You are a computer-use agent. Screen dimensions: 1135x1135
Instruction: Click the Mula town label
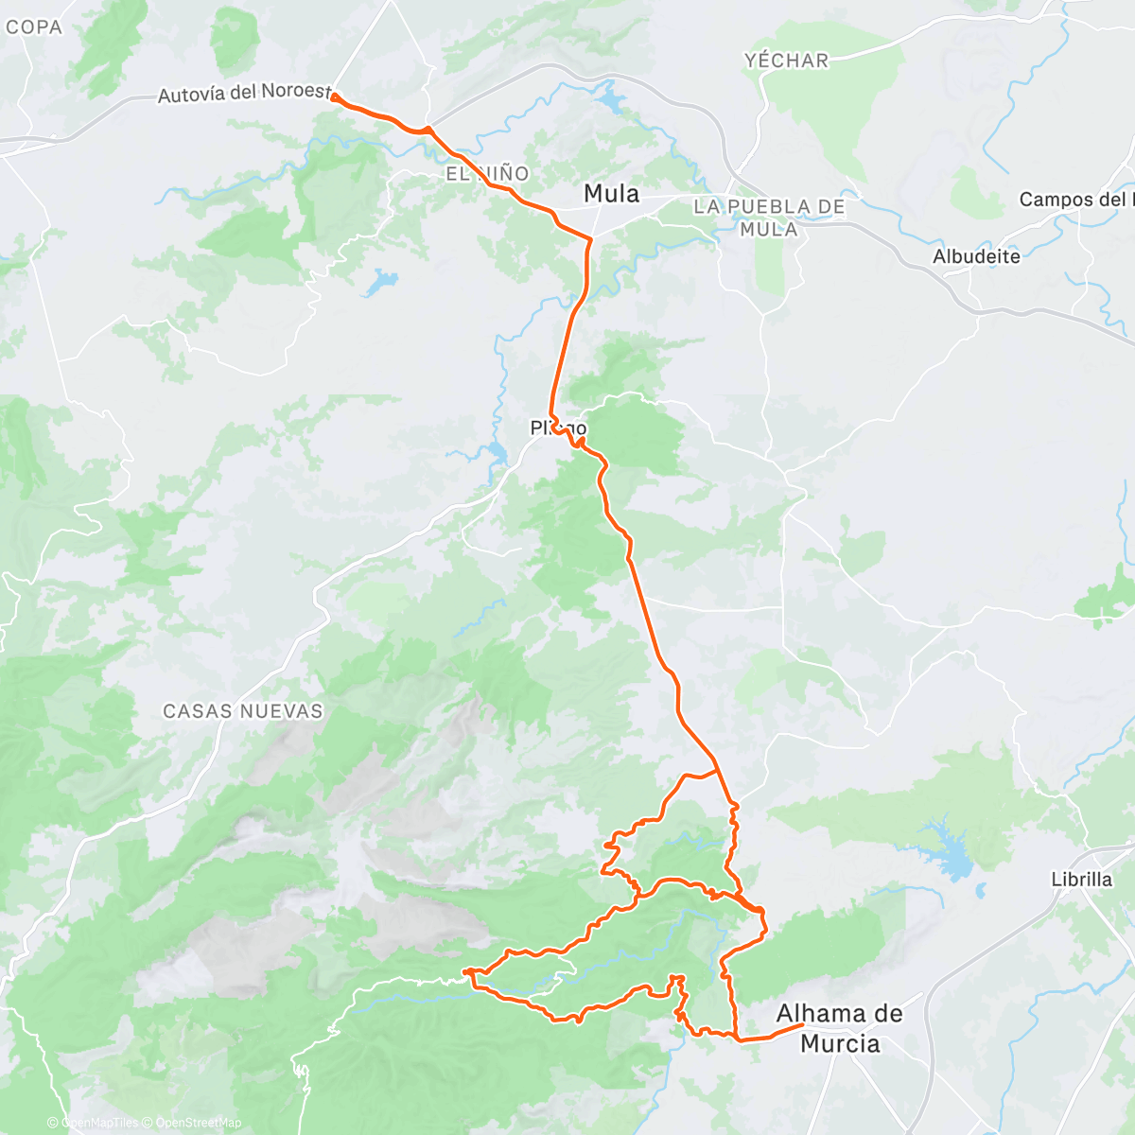click(x=611, y=194)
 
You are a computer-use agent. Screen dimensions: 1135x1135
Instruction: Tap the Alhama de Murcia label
click(x=839, y=1028)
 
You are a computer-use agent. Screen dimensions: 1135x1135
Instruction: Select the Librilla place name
click(x=1081, y=880)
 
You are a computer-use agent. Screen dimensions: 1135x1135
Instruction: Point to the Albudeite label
click(x=976, y=256)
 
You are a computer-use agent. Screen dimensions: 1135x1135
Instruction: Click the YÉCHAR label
click(x=786, y=61)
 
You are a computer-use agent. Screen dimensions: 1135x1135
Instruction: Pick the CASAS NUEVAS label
click(x=243, y=711)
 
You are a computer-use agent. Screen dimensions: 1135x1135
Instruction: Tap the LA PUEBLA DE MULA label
click(x=768, y=218)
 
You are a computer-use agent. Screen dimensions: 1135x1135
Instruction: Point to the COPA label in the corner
click(x=33, y=27)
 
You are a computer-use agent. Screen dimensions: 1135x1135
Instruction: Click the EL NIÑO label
click(x=488, y=174)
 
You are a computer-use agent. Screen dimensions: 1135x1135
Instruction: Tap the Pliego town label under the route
click(x=558, y=428)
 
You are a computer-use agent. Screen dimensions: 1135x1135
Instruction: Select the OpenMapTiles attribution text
click(x=99, y=1123)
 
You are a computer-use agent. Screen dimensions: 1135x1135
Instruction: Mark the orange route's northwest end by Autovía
click(x=335, y=96)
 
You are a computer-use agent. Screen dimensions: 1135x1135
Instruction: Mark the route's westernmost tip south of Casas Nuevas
click(x=465, y=971)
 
